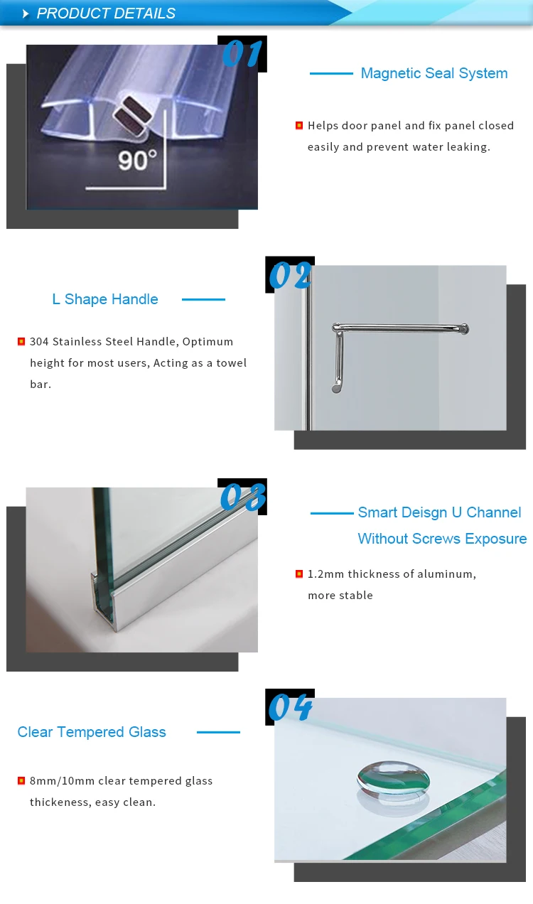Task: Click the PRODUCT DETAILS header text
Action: (106, 14)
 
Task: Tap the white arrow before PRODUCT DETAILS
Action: (26, 14)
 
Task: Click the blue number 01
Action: (242, 54)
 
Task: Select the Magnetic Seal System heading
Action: (434, 73)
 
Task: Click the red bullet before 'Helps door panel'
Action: (299, 126)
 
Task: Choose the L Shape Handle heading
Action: (105, 299)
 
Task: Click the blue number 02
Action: (290, 276)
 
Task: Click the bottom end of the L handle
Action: (336, 388)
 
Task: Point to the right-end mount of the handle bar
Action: (463, 328)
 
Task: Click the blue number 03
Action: (242, 497)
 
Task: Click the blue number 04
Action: (290, 707)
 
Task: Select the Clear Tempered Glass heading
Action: (92, 732)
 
